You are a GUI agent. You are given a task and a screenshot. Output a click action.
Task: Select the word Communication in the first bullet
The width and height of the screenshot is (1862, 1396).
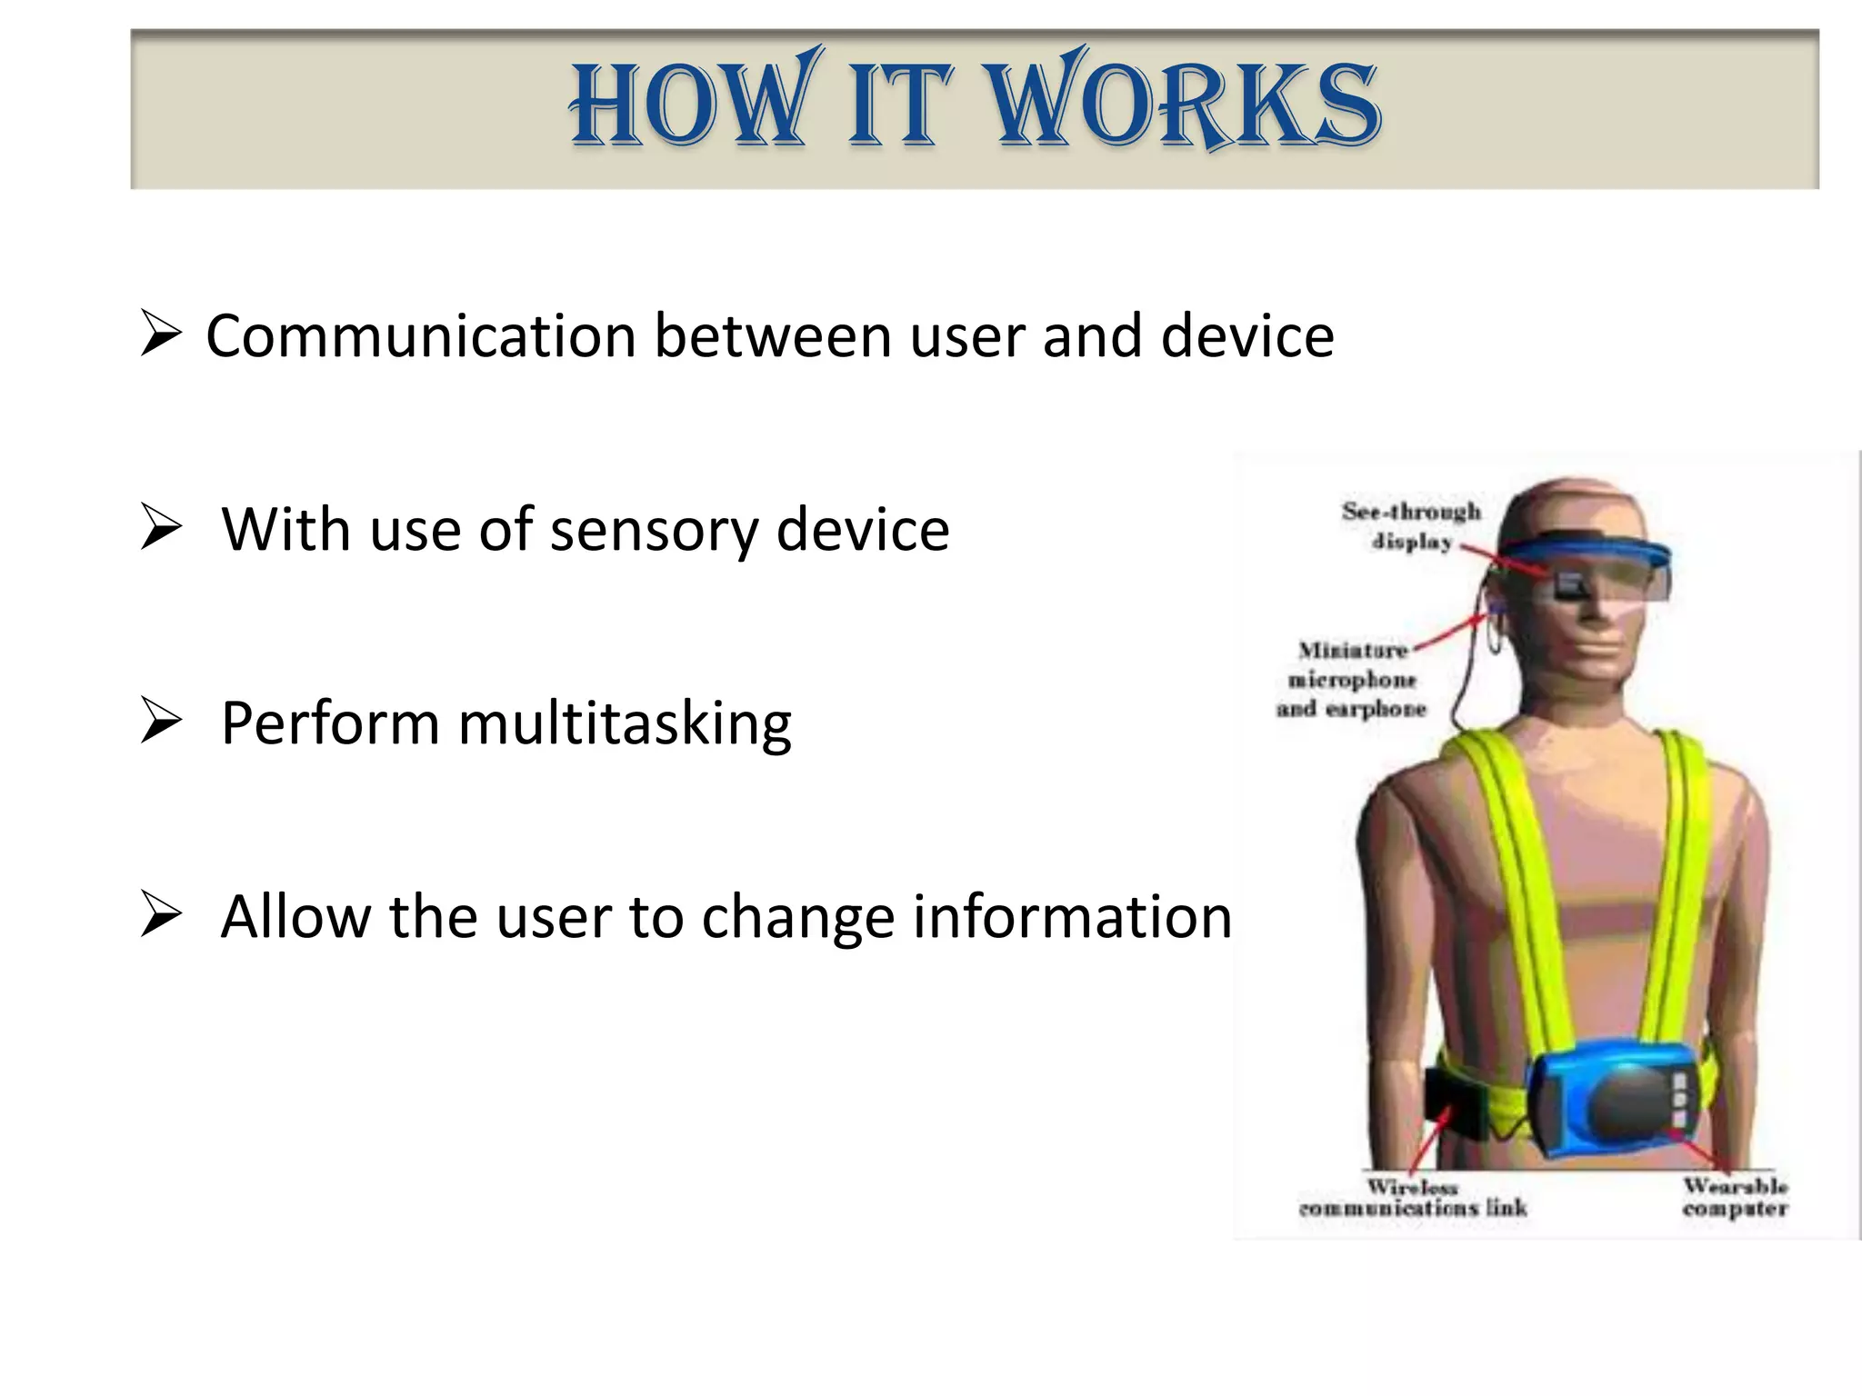(x=420, y=336)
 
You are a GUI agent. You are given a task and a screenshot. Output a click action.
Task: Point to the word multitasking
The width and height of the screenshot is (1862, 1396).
(x=624, y=724)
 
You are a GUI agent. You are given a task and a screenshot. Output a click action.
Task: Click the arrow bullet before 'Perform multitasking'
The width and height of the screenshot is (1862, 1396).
(x=162, y=723)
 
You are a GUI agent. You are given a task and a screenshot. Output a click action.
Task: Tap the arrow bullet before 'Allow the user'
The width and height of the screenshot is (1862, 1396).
(x=162, y=916)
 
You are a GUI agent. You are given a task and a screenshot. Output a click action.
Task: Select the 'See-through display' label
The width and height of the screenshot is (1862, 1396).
(x=1411, y=526)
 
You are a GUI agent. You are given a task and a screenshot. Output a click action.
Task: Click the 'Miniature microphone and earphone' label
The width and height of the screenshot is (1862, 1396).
(x=1352, y=680)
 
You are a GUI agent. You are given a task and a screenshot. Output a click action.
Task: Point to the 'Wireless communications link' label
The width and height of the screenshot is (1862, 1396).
(x=1413, y=1198)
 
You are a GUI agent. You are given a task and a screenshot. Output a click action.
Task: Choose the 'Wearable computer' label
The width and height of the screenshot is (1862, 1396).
(x=1735, y=1198)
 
